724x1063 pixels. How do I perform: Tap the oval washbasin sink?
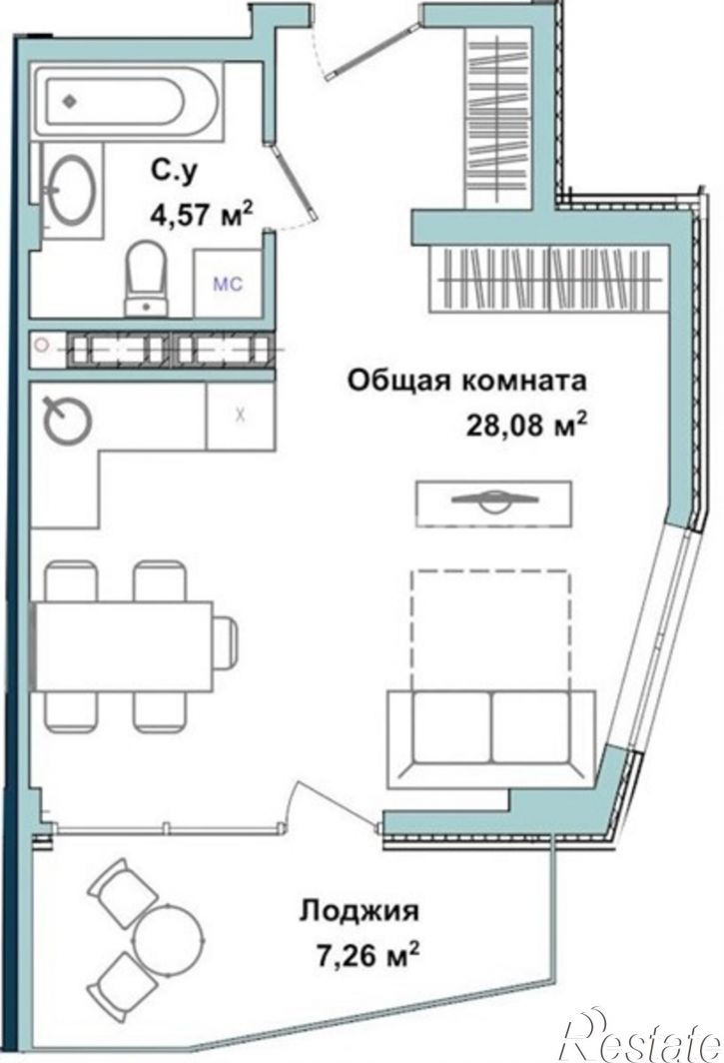coord(71,190)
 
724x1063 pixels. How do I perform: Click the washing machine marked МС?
coord(228,284)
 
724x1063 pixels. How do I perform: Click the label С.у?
coord(174,170)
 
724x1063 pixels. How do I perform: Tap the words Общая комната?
coord(467,381)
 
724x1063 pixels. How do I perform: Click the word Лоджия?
coord(360,910)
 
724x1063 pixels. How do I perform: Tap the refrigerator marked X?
coord(240,415)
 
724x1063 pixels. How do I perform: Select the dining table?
coord(122,645)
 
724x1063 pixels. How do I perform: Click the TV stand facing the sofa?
coord(494,504)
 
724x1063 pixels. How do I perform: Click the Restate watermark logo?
coord(640,1036)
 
